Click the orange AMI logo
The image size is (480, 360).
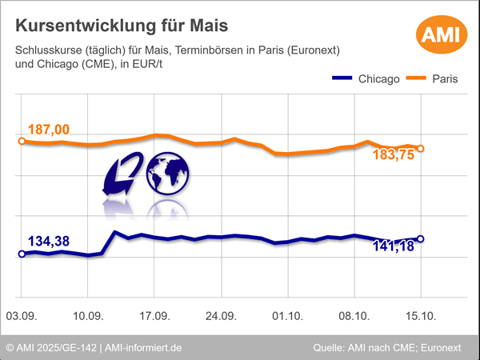click(x=439, y=36)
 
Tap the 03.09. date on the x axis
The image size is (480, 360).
click(x=22, y=317)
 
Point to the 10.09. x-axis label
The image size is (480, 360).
click(x=88, y=317)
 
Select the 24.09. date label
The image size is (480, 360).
click(x=221, y=317)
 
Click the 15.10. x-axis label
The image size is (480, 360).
click(x=421, y=317)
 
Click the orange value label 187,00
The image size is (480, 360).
click(x=49, y=130)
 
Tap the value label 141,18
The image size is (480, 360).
click(x=394, y=246)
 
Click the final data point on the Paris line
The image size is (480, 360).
click(x=421, y=148)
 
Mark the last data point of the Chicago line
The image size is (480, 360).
click(x=421, y=238)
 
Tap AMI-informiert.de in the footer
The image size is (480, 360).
click(x=143, y=348)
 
